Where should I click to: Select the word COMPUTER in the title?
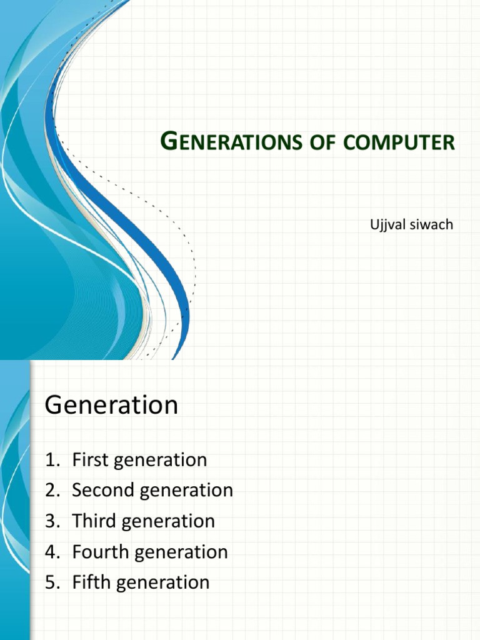(397, 142)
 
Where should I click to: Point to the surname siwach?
(431, 224)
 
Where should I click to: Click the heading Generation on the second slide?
(111, 406)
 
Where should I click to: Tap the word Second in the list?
(103, 491)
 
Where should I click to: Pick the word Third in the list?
(92, 521)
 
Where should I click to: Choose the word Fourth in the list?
(99, 552)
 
